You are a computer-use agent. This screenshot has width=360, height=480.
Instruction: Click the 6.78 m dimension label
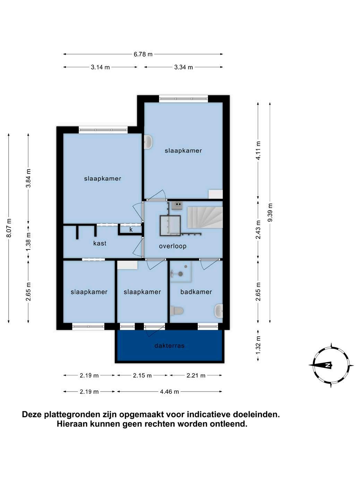click(143, 54)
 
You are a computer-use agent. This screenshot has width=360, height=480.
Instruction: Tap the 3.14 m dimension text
click(100, 67)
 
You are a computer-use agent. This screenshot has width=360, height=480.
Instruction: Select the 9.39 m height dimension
click(270, 212)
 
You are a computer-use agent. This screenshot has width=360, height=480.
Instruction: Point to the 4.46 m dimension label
click(169, 392)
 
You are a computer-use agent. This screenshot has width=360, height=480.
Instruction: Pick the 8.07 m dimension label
click(9, 228)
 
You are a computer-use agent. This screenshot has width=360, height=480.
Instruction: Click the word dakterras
click(169, 346)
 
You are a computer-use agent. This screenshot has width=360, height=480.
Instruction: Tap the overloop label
click(173, 246)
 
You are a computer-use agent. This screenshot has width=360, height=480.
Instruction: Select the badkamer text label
click(196, 292)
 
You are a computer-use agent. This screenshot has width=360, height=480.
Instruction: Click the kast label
click(100, 243)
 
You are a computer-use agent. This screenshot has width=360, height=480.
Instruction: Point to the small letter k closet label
click(131, 230)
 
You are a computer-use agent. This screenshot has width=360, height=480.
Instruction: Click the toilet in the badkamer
click(177, 311)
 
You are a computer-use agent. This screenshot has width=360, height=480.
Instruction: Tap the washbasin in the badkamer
click(218, 311)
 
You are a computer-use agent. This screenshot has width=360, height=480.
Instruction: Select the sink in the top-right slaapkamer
click(149, 142)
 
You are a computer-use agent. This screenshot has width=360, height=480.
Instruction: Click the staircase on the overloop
click(205, 218)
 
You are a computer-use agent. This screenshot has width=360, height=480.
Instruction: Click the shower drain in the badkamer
click(181, 274)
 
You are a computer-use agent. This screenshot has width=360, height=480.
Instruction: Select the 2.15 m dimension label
click(142, 376)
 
